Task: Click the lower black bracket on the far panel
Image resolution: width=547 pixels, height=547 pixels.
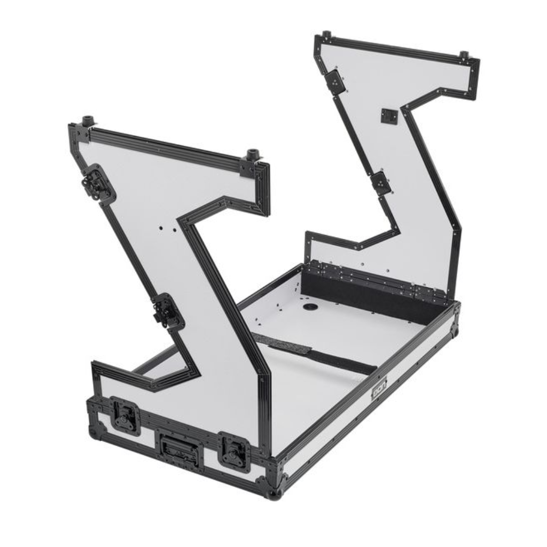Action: click(x=382, y=183)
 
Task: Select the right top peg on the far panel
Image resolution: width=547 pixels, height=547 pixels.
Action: click(x=464, y=56)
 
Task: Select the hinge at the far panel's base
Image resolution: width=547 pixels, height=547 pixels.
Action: click(x=374, y=277)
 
